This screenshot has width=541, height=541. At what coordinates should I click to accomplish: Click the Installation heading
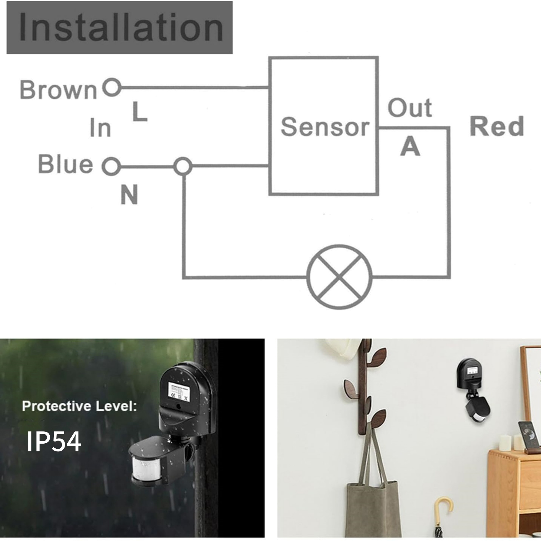coord(120,27)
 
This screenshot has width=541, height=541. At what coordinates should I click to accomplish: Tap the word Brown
coord(58,90)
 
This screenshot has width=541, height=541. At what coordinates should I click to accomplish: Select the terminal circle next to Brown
coord(112,87)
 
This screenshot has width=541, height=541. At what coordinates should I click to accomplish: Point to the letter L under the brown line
coord(140,112)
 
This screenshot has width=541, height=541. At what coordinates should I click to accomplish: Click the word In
coord(100,128)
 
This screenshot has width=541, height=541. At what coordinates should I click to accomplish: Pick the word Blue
coord(66,164)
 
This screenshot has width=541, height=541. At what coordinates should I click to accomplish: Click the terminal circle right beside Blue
coord(111,166)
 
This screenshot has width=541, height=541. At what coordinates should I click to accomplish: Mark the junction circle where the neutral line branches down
coord(183,166)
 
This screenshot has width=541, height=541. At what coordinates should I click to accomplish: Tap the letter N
coord(129,195)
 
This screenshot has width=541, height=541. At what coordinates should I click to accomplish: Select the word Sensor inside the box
coord(325,127)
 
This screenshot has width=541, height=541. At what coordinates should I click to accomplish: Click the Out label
coord(409,108)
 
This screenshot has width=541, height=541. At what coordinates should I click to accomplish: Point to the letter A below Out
coord(410,147)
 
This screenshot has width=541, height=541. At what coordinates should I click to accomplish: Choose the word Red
coord(497,126)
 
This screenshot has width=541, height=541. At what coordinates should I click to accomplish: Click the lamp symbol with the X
coord(339,277)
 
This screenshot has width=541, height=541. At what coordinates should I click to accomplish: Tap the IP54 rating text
coord(54,441)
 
